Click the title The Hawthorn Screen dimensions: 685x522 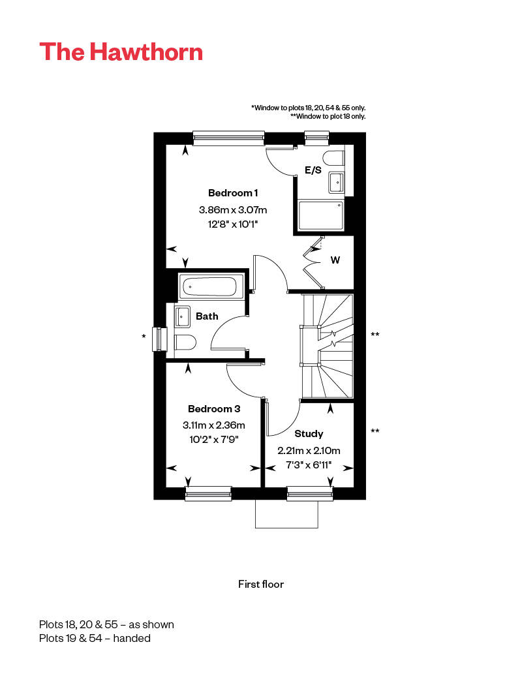[121, 52]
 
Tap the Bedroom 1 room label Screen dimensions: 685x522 [233, 193]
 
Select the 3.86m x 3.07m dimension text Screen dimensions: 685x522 [233, 210]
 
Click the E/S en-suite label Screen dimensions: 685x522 [313, 171]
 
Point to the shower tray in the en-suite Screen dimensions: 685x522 [321, 215]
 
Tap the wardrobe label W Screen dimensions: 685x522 [335, 260]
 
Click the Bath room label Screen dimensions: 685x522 [207, 316]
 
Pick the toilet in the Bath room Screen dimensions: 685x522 [184, 342]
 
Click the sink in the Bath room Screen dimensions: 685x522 [182, 317]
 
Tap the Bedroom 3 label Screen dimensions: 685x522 [214, 409]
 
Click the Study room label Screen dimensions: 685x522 [309, 434]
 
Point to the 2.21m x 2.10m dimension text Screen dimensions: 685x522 [309, 451]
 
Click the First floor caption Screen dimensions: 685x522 [261, 584]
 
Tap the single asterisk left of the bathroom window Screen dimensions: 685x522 [144, 337]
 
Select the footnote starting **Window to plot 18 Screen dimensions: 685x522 [328, 116]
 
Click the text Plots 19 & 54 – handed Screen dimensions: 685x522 [95, 638]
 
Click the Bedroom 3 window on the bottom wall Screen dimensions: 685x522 [209, 494]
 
